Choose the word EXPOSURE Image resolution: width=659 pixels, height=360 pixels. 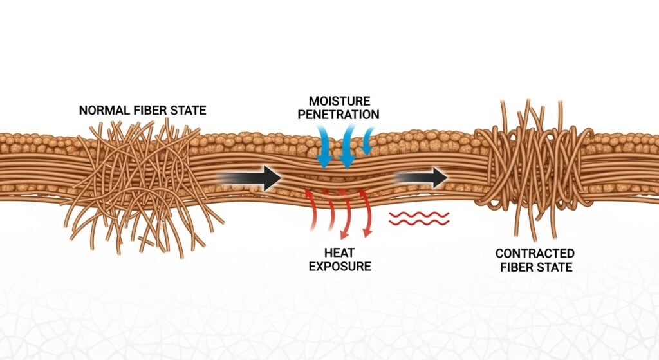click(x=340, y=265)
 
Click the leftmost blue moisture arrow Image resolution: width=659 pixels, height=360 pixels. click(x=324, y=144)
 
